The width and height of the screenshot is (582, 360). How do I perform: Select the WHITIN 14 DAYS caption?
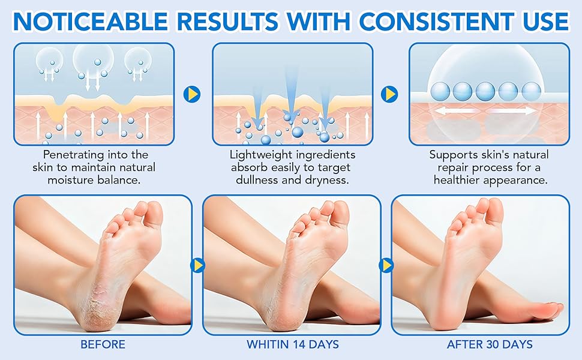(x=292, y=345)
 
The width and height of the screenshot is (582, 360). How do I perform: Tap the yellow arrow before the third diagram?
(x=390, y=94)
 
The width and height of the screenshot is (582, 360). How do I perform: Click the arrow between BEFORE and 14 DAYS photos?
(x=197, y=265)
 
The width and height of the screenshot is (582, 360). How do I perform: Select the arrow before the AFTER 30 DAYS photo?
(x=386, y=265)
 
